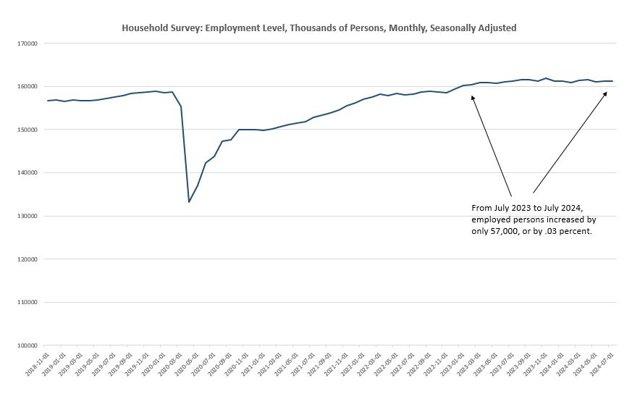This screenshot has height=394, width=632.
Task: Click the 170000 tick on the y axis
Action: click(28, 43)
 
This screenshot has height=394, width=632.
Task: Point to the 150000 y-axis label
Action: click(28, 130)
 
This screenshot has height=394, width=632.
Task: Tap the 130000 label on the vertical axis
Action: click(28, 216)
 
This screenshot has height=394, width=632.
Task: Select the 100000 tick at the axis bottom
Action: click(28, 345)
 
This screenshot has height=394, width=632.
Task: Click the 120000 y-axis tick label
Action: click(28, 259)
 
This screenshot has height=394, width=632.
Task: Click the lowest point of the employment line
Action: click(189, 201)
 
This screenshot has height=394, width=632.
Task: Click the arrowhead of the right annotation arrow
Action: click(606, 93)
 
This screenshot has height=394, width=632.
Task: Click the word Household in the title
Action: click(144, 28)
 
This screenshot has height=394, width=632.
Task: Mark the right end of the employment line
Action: click(612, 81)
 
